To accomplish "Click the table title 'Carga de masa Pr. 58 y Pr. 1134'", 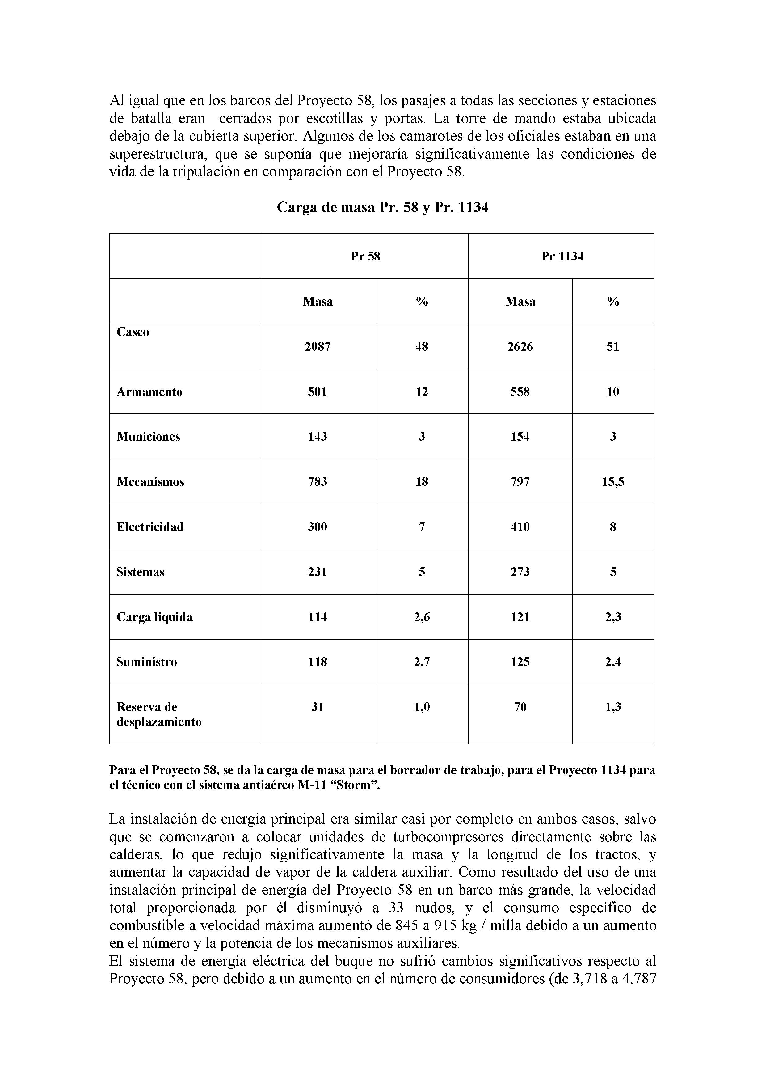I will tap(382, 207).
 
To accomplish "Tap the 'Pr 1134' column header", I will tap(562, 256).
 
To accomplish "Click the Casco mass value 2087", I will tap(318, 346).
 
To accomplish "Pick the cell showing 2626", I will tap(520, 346).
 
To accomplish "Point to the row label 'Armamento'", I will tap(149, 392).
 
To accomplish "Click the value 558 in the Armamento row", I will tap(520, 392).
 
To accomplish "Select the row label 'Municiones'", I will tap(148, 436).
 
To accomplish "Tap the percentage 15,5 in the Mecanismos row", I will tap(612, 482).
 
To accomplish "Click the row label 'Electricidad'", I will tap(150, 527).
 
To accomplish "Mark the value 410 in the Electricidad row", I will tap(520, 527).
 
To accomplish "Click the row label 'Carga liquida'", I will tap(154, 617).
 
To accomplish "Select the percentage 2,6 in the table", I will tap(422, 617).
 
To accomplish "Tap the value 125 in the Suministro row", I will tap(520, 662).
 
